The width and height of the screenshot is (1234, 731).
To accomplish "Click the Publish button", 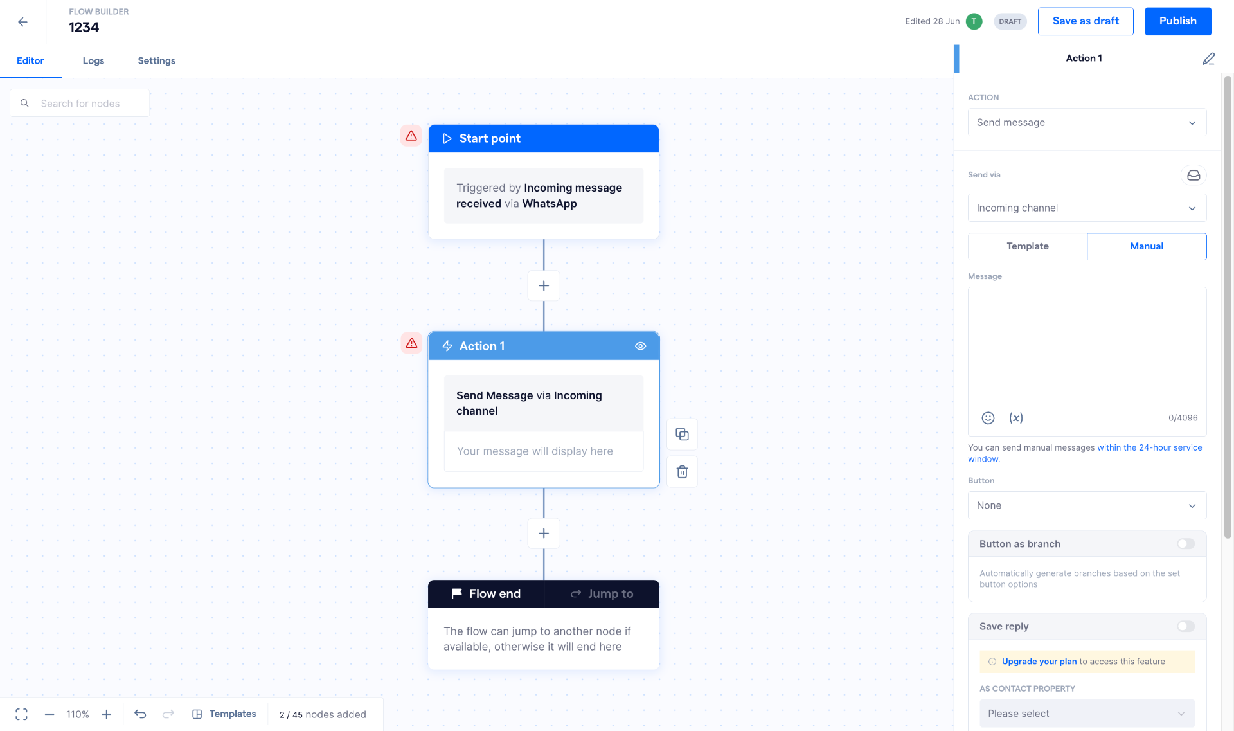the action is (1177, 21).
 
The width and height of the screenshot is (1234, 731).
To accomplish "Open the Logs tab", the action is (93, 61).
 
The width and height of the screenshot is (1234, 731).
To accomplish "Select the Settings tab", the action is (156, 61).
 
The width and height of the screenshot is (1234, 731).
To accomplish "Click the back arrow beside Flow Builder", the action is (23, 22).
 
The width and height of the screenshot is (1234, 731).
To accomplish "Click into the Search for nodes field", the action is (80, 104).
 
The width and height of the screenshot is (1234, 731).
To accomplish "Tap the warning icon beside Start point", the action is (411, 136).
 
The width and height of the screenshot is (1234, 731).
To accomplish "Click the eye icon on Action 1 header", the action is (641, 346).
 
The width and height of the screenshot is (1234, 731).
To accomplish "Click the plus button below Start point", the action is (544, 285).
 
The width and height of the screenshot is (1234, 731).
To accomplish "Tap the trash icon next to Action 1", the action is (683, 472).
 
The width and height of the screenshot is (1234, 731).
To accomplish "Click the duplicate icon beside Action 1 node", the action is (683, 435).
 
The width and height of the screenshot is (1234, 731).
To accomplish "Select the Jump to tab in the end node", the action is (602, 594).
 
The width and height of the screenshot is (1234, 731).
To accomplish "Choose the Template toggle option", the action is (1027, 246).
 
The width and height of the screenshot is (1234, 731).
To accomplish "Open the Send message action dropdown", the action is (1087, 123).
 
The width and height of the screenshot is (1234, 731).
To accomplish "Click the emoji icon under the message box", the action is (988, 418).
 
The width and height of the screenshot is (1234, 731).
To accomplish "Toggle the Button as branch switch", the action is (1186, 544).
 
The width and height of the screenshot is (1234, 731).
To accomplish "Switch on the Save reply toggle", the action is (1186, 626).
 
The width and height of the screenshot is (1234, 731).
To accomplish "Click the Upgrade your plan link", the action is (1039, 662).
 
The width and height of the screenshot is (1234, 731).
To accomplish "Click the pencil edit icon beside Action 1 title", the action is (1208, 59).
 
